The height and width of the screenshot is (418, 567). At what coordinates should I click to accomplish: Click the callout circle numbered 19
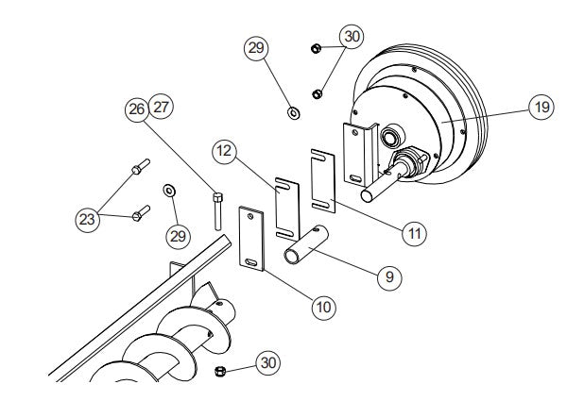(x=539, y=108)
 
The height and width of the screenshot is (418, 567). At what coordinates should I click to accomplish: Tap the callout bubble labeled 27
(x=162, y=107)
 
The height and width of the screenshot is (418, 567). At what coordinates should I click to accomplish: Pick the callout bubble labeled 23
(x=88, y=218)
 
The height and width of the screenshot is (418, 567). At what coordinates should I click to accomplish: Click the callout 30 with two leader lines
(x=352, y=37)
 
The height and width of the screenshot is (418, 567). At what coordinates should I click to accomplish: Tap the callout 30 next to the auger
(x=269, y=361)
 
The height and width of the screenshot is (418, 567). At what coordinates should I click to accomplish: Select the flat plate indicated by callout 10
(x=252, y=240)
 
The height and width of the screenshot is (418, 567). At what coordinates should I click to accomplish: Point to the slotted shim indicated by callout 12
(x=287, y=205)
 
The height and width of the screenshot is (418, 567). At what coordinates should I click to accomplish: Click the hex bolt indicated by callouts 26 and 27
(x=216, y=210)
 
